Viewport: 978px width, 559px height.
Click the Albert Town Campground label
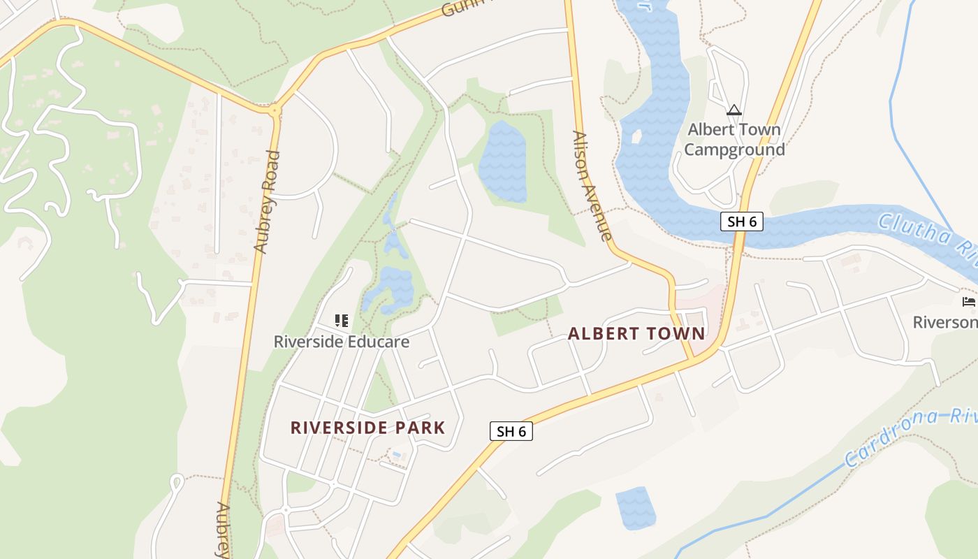(734, 139)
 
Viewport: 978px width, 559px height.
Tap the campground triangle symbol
(733, 110)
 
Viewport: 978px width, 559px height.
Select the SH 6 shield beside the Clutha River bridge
(741, 222)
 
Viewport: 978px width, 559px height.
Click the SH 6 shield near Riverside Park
(511, 431)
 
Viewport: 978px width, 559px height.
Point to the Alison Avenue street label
(592, 186)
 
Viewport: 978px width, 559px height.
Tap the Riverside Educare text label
(341, 342)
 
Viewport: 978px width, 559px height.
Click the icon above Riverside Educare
(342, 321)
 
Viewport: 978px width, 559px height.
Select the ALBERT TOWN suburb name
(636, 333)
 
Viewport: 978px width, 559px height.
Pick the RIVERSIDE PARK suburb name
(367, 428)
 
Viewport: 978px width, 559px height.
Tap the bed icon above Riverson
(968, 302)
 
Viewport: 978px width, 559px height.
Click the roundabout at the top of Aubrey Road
(273, 109)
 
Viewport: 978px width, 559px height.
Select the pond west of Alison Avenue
(502, 162)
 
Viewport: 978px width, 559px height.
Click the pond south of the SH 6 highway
(635, 508)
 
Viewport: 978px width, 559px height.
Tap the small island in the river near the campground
(636, 136)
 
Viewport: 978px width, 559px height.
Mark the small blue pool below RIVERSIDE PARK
(396, 455)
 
